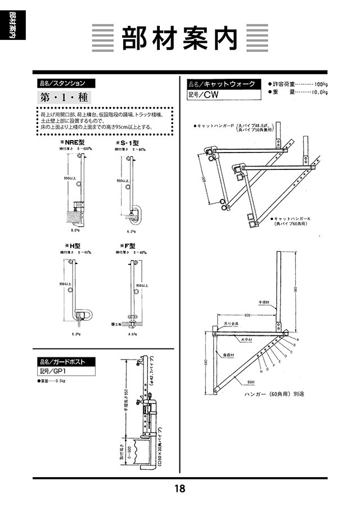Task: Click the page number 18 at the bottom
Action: [x=180, y=488]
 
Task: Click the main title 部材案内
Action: [x=180, y=38]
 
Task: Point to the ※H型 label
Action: [x=74, y=245]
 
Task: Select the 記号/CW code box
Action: [x=203, y=95]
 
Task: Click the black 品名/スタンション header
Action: [x=65, y=83]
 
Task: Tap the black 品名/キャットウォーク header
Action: [x=224, y=84]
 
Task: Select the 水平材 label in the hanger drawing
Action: [x=247, y=340]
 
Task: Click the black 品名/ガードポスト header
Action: [x=65, y=361]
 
